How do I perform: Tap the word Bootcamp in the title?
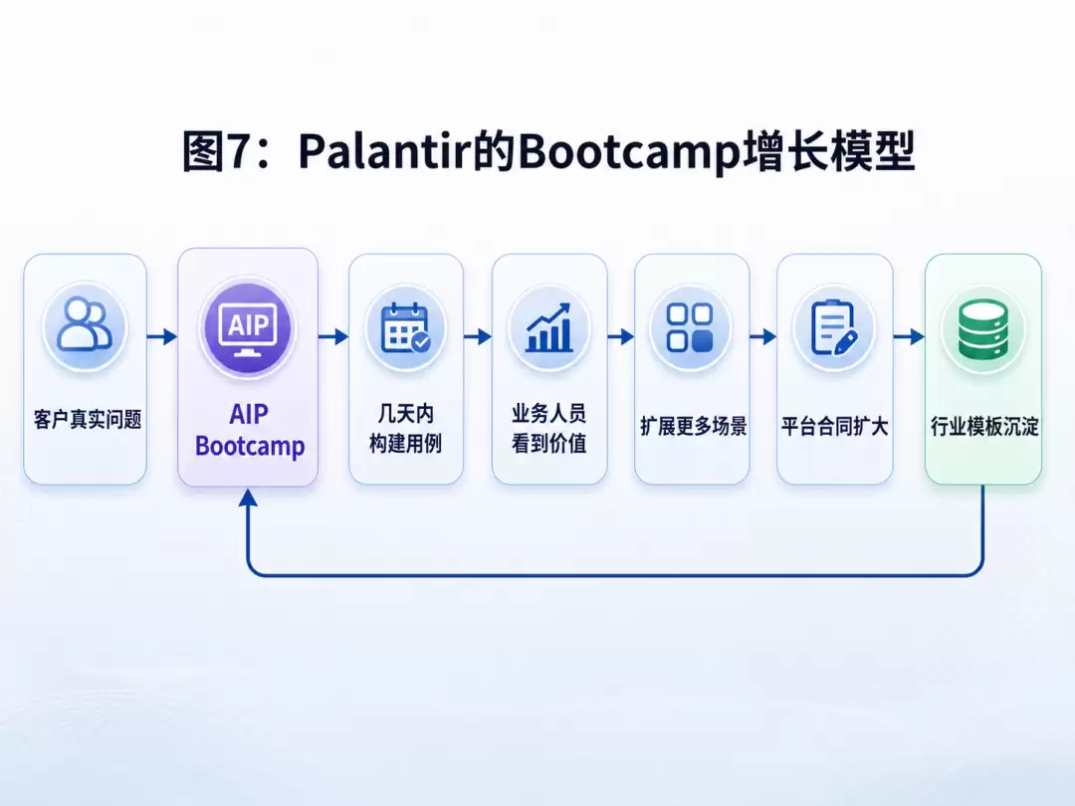click(x=629, y=152)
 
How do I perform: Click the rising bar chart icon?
click(x=549, y=328)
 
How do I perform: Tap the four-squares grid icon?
click(x=691, y=328)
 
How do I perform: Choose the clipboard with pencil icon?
click(x=834, y=328)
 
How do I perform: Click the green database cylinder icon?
click(x=983, y=329)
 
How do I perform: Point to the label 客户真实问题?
click(x=87, y=420)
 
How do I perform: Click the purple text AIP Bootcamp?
click(x=250, y=431)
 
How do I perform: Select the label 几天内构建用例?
click(x=406, y=429)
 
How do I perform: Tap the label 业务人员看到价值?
click(x=549, y=429)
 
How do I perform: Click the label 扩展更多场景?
click(x=693, y=426)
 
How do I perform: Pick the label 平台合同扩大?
click(x=834, y=426)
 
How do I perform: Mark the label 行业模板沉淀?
click(x=984, y=426)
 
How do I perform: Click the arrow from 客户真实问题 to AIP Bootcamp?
click(x=162, y=336)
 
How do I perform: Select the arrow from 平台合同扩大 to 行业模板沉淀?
click(x=909, y=336)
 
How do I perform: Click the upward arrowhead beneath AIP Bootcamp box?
click(x=248, y=499)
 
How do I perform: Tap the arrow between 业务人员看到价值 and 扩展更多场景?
click(x=621, y=336)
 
